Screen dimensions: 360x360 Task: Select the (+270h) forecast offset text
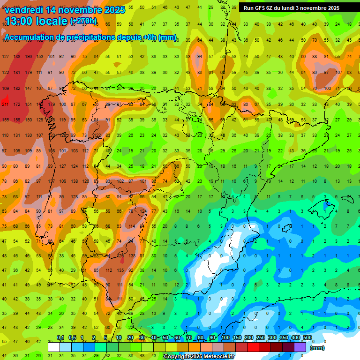point(83,21)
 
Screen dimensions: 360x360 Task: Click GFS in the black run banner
point(264,8)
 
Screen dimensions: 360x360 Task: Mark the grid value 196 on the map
point(29,57)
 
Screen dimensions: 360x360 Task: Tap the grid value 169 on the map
point(5,88)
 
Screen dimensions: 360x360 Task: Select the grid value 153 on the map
point(40,57)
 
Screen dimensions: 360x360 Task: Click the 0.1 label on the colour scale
point(60,338)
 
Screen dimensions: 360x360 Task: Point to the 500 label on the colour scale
point(307,338)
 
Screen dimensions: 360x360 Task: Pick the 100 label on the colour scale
point(225,338)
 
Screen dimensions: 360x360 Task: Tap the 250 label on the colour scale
point(260,338)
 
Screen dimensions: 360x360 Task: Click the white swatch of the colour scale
point(54,347)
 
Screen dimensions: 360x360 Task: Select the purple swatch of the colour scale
point(300,347)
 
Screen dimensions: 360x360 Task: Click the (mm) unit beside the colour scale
point(317,348)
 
